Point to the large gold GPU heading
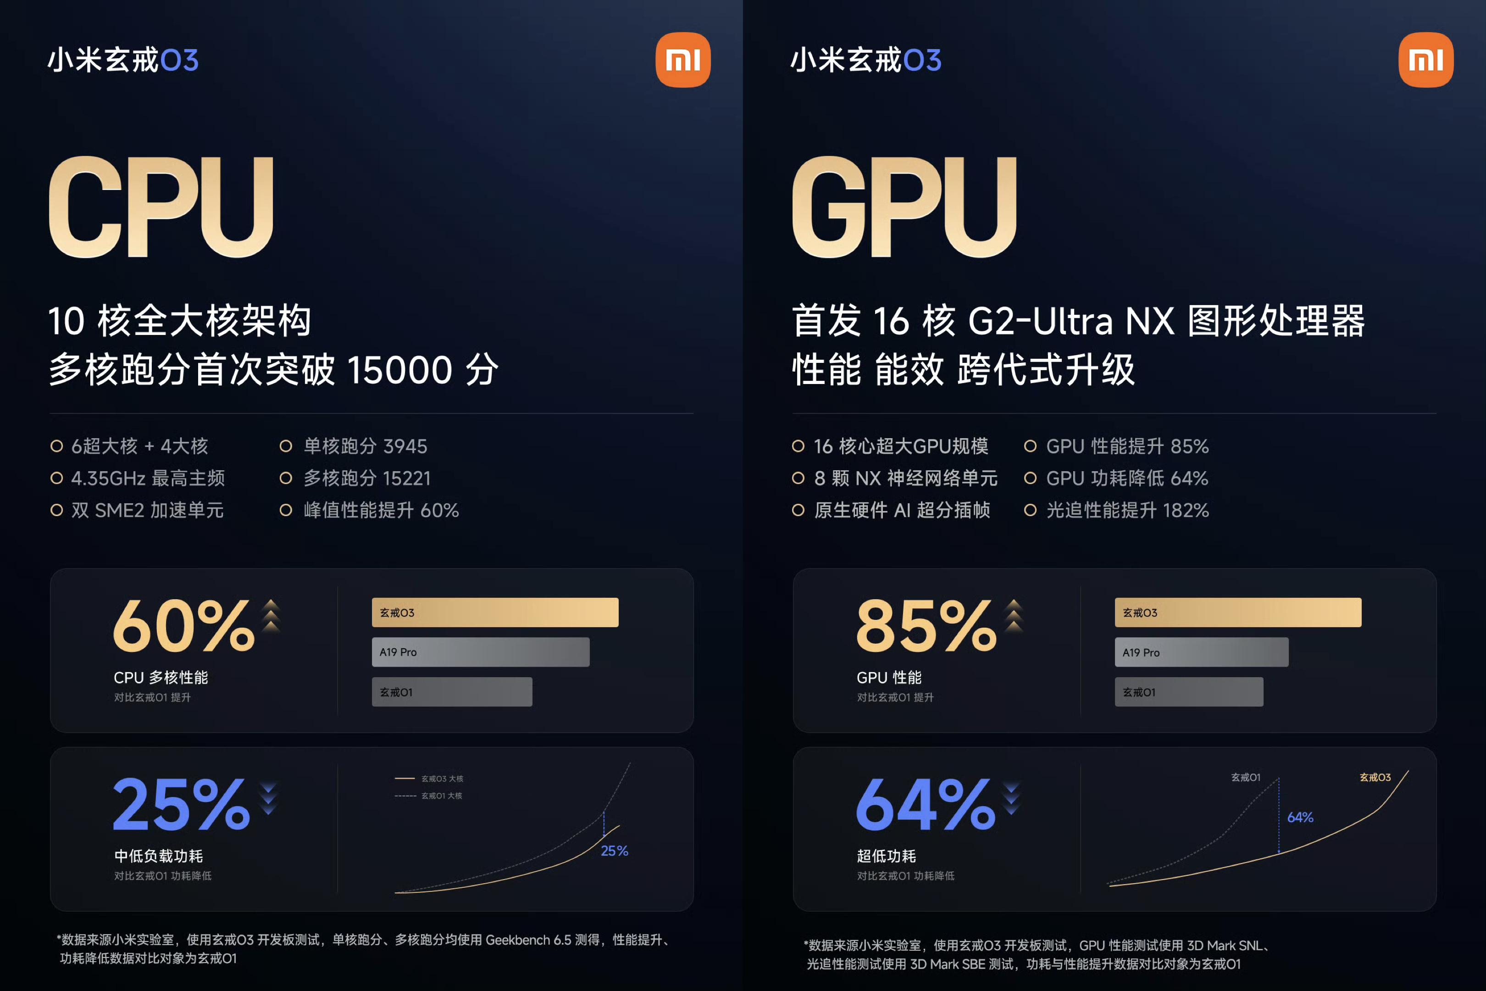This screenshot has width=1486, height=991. point(904,206)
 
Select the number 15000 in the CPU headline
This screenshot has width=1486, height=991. point(400,370)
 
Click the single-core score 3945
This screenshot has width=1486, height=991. point(405,446)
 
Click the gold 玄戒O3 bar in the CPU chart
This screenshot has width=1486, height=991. point(495,612)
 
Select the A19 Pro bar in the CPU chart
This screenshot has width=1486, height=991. point(480,652)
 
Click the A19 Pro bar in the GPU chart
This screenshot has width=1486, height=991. point(1201,652)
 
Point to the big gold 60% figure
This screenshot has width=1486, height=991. point(184,626)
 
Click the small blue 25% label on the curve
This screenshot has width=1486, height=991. point(614,852)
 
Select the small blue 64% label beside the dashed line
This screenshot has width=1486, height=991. point(1300,817)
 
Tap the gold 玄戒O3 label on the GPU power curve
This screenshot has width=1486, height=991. point(1375,777)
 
